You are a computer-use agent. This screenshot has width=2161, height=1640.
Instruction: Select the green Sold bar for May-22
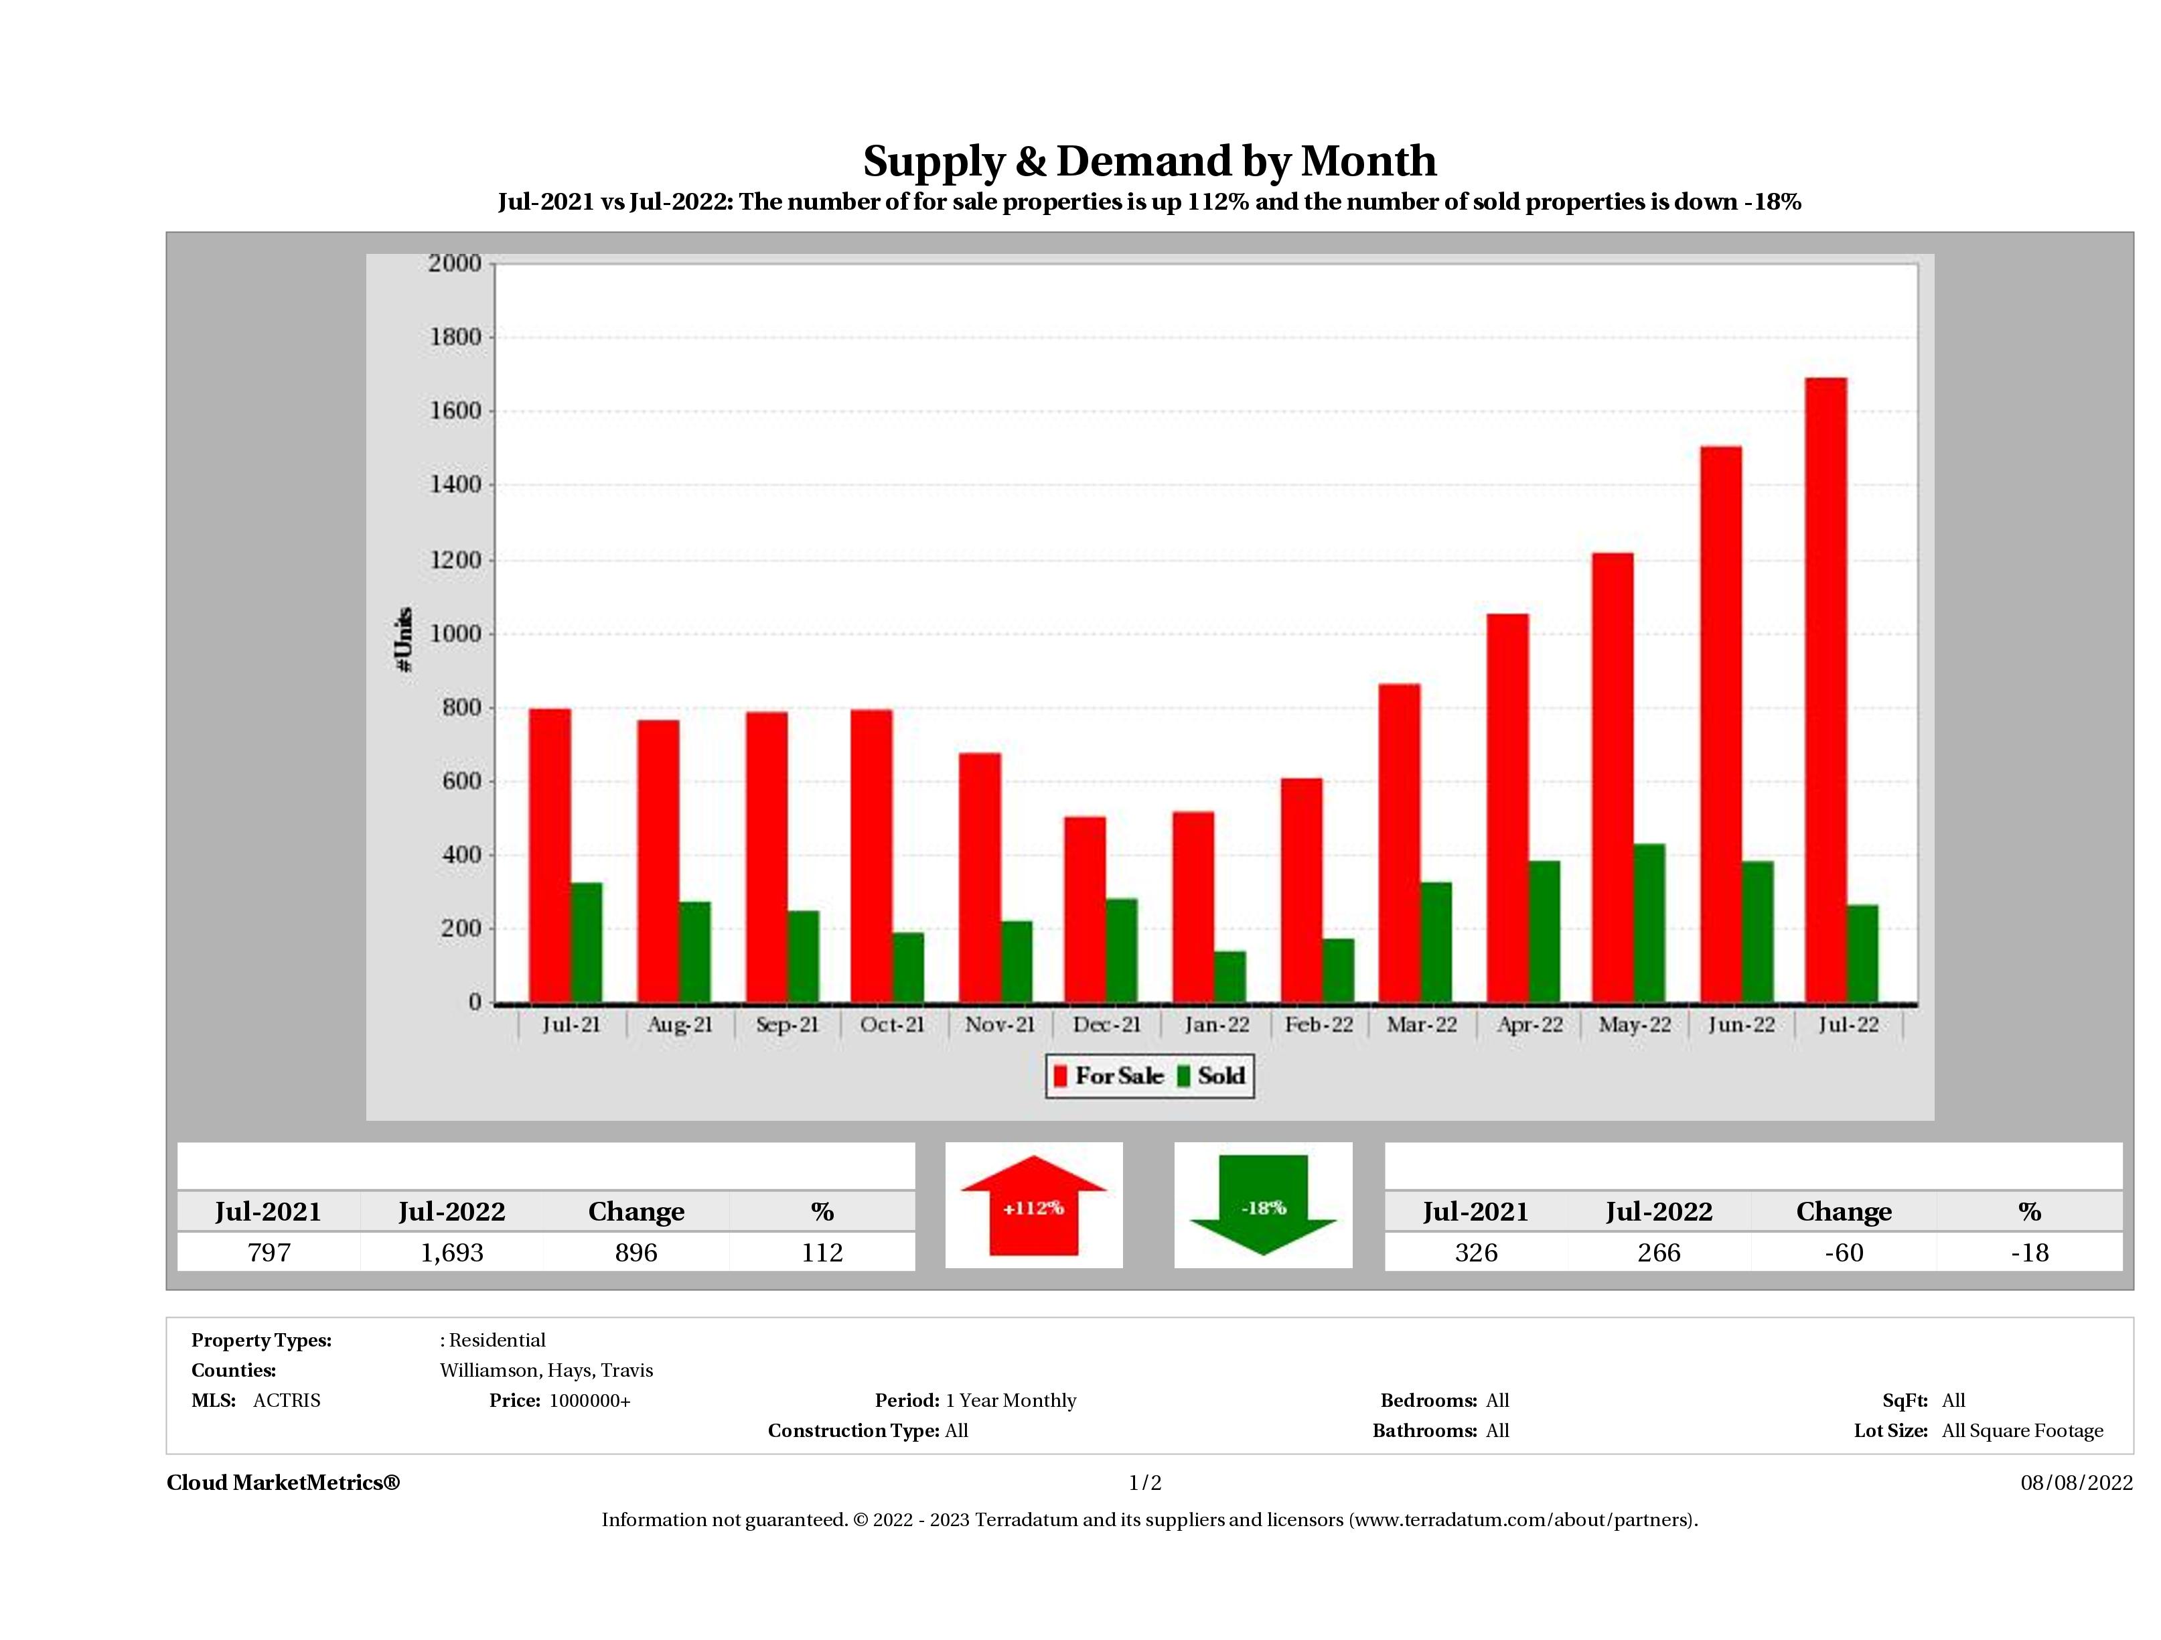(x=1649, y=924)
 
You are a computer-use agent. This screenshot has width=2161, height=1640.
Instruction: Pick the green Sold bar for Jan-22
(x=1230, y=977)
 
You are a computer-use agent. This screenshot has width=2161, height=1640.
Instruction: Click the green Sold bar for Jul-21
(x=586, y=943)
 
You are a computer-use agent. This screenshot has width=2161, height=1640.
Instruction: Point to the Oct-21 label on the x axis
(x=892, y=1025)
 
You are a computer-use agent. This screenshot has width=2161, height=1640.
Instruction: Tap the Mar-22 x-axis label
(x=1422, y=1025)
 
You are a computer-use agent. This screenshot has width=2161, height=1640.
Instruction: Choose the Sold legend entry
(x=1211, y=1076)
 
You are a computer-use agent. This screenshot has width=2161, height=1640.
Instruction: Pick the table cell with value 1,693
(x=452, y=1252)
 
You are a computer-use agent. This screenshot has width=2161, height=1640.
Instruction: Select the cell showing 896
(x=636, y=1252)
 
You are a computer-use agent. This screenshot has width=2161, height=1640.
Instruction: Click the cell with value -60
(x=1844, y=1252)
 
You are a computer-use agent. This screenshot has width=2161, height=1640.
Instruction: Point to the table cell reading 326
(x=1475, y=1252)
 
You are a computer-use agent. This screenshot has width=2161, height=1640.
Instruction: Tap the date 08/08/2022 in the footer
(x=2076, y=1483)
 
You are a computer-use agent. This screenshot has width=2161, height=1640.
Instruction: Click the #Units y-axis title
(x=404, y=640)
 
